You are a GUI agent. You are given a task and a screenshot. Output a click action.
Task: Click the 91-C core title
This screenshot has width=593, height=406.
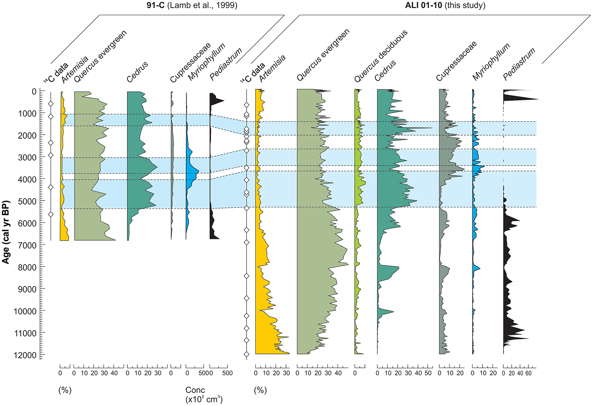[192, 5]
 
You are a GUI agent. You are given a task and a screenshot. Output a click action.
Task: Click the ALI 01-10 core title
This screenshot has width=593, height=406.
[445, 5]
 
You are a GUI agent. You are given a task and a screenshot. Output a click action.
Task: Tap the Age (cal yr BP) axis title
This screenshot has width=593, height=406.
[6, 232]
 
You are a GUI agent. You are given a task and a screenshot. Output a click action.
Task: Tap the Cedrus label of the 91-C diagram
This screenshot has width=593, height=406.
[137, 72]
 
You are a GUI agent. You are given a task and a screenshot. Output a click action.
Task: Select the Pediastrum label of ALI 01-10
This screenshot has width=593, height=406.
[519, 64]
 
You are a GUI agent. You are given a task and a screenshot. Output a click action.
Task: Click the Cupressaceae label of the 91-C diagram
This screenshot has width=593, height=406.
[190, 63]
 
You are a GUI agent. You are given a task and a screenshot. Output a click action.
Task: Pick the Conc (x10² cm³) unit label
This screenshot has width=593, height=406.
[204, 395]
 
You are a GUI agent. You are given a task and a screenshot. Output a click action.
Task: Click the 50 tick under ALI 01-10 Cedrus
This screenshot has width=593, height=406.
[428, 373]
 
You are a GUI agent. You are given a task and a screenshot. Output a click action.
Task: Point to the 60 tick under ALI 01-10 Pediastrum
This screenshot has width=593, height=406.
[528, 373]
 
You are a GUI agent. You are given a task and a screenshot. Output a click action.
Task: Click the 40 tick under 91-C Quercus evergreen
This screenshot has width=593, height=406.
[114, 373]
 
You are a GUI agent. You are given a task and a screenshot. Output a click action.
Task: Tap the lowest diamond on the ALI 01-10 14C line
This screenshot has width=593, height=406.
[247, 354]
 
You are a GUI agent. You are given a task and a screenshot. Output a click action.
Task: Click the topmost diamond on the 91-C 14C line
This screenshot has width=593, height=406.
[51, 104]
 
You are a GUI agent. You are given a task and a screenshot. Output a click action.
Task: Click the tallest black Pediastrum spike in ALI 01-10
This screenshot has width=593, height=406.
[537, 99]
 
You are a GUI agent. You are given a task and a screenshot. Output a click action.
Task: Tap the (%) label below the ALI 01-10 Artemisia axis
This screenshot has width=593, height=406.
[260, 390]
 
